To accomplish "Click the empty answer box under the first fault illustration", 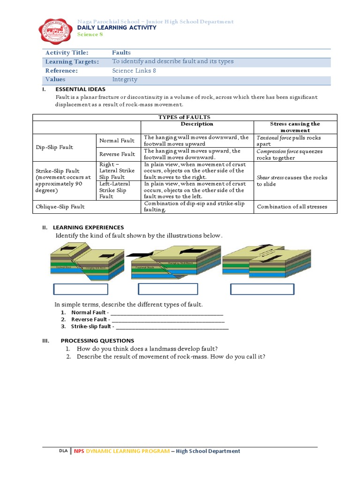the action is click(x=81, y=289).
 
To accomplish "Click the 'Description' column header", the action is click(x=197, y=124).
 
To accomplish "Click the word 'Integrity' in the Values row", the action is click(x=125, y=80).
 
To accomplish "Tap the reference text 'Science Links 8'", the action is click(x=134, y=71).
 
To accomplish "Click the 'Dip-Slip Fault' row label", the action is click(x=54, y=147).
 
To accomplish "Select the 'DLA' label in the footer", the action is click(x=63, y=451).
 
